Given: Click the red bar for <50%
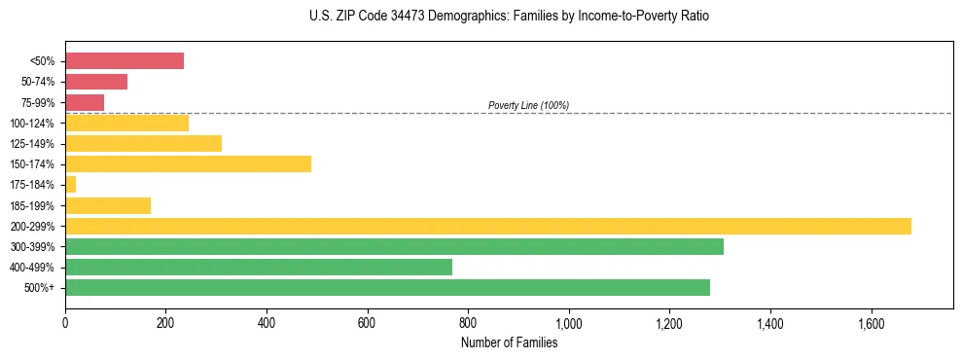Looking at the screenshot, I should (x=125, y=60).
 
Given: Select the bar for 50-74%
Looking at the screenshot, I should (x=96, y=82).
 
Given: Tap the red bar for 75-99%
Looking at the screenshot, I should (x=85, y=102).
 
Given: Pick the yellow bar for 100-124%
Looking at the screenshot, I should (x=126, y=123).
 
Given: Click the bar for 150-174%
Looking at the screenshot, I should (x=188, y=163).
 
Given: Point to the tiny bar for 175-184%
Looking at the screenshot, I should (x=70, y=184).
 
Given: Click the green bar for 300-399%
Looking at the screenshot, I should (x=394, y=246).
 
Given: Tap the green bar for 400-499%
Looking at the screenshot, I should (x=259, y=267).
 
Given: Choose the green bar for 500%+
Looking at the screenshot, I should (x=387, y=287).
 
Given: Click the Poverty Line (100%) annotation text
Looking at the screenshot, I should (x=528, y=105).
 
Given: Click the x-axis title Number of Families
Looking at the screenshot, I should (x=509, y=342).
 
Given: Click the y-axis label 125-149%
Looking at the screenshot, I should (x=32, y=144).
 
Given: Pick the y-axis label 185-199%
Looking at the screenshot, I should (x=32, y=205).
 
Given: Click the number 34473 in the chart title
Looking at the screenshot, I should (x=384, y=17).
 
